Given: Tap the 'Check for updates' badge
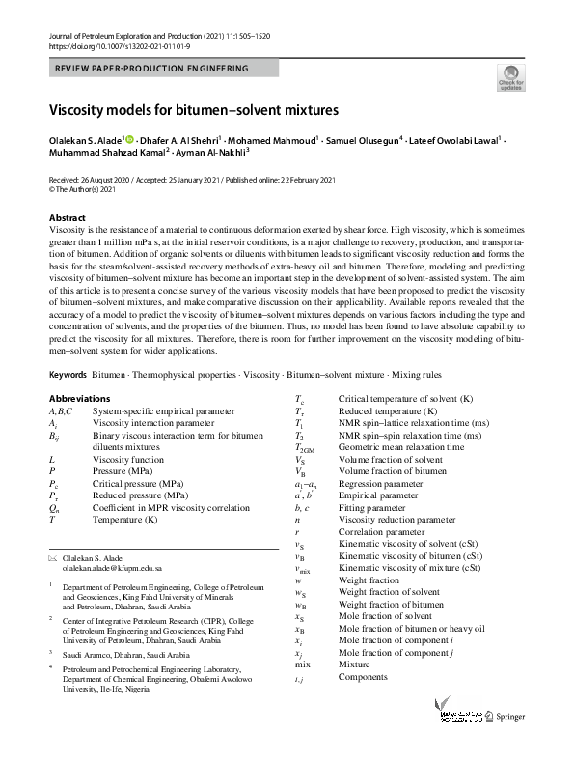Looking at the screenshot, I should point(509,77).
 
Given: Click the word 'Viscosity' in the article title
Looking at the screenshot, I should point(82,111).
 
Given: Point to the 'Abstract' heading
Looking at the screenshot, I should point(68,218).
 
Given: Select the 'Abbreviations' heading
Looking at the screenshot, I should point(79,399).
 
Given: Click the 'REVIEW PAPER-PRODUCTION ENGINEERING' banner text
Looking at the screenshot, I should point(152,69).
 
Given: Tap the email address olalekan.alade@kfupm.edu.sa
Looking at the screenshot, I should point(112,569).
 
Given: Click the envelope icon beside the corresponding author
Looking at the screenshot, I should point(53,559).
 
